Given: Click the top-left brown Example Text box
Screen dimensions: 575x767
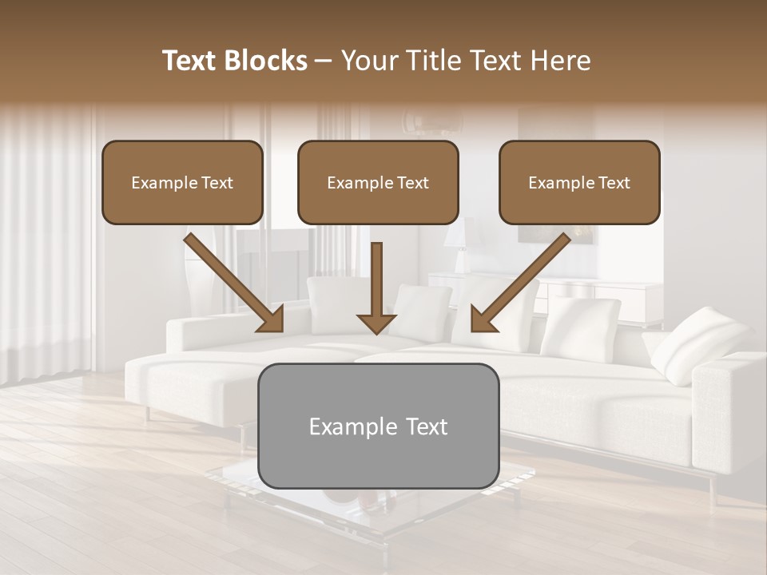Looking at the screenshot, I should click(x=182, y=183).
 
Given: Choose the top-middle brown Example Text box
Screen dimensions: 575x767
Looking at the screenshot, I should click(x=378, y=183).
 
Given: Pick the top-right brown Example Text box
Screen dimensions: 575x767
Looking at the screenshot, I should click(x=579, y=183).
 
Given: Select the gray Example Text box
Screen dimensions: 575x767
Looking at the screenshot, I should click(x=379, y=426).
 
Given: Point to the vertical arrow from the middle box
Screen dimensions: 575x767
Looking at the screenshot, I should click(x=376, y=284).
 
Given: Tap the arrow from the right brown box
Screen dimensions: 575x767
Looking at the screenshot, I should click(x=519, y=284).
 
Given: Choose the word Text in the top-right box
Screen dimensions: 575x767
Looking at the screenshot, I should click(x=614, y=183).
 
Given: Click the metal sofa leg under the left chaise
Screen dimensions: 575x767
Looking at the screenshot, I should click(x=148, y=414).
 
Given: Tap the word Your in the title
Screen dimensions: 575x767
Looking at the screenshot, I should click(x=366, y=61).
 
